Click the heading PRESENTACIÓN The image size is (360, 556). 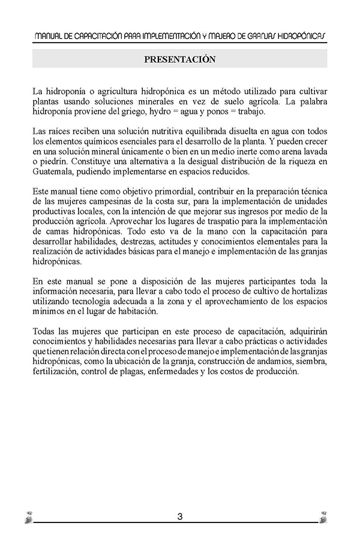[179, 59]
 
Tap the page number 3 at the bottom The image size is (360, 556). [179, 516]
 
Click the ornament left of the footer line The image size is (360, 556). [28, 517]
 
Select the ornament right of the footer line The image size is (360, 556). [323, 517]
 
